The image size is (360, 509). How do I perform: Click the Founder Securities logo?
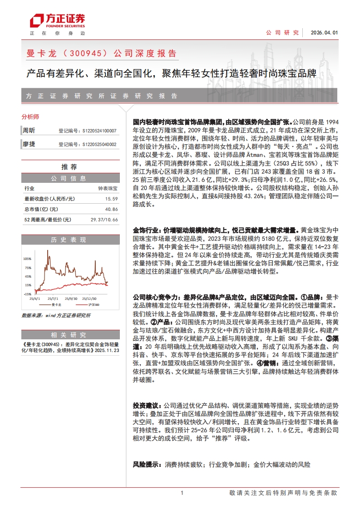[57, 20]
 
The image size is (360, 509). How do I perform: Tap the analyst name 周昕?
[29, 131]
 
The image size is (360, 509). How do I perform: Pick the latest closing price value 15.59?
[111, 199]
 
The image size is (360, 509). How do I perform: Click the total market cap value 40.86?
[111, 209]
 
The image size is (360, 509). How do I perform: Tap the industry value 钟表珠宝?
[108, 188]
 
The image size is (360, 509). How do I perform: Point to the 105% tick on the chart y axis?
[27, 259]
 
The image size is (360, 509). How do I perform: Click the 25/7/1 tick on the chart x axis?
[54, 299]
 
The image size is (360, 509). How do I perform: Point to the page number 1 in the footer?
[182, 493]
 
